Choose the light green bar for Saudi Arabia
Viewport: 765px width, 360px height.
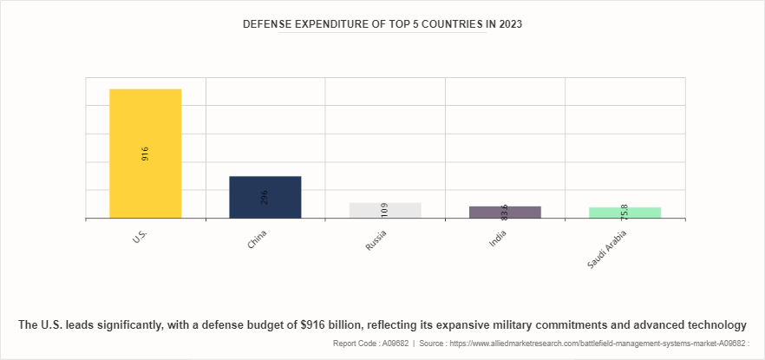click(x=624, y=214)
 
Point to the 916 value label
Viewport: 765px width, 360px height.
click(x=145, y=154)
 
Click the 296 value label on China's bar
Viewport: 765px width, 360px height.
click(x=265, y=197)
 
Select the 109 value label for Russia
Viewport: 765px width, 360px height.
click(x=384, y=209)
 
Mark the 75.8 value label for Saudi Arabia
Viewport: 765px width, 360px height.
click(x=624, y=211)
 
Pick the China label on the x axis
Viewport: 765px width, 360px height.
click(x=258, y=239)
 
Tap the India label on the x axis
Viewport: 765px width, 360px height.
click(x=498, y=239)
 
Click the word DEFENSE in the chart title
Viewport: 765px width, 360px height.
click(x=270, y=25)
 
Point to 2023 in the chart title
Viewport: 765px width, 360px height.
click(x=509, y=25)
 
